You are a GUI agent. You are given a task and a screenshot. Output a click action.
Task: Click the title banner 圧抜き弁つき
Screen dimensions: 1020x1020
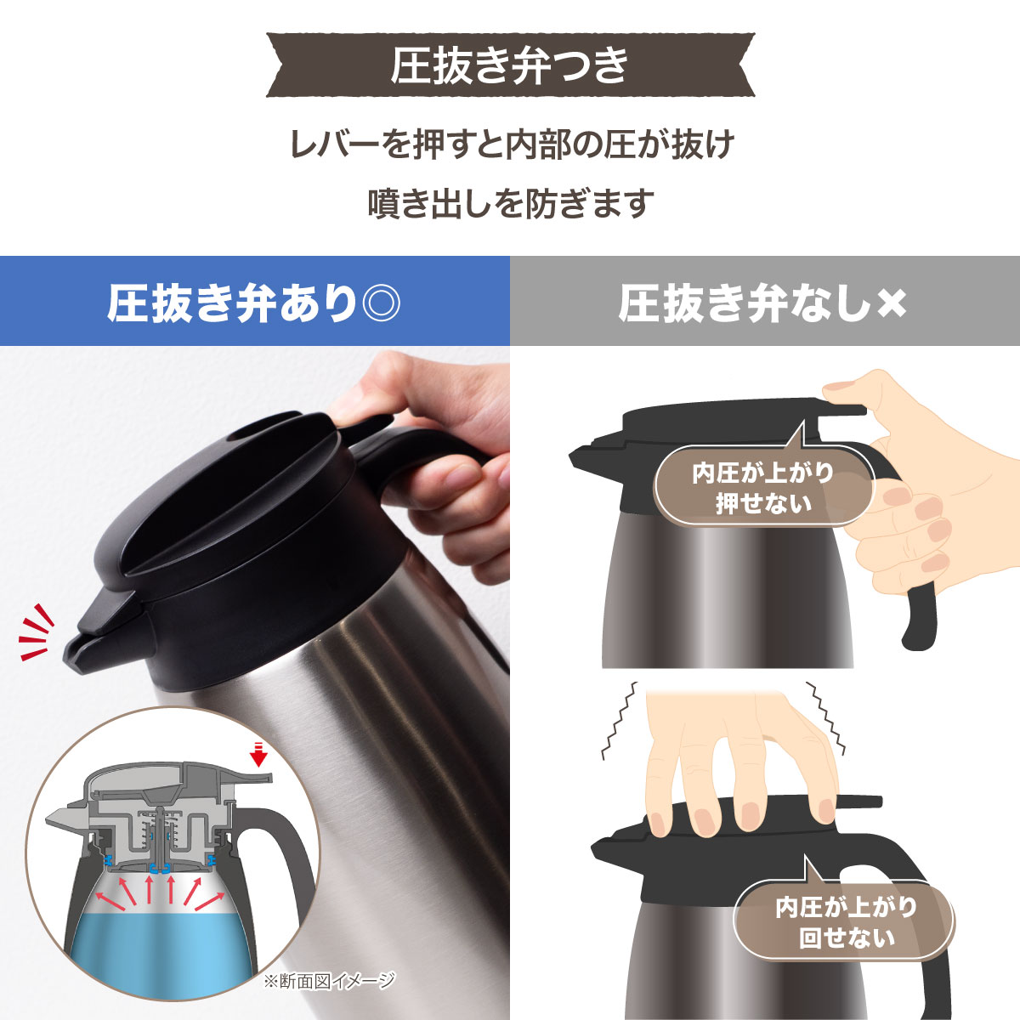[x=510, y=65]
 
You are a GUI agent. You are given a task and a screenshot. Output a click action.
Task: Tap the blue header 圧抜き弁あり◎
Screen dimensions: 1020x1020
[x=254, y=302]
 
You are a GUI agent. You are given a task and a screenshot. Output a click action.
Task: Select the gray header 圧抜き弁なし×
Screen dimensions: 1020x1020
[x=764, y=302]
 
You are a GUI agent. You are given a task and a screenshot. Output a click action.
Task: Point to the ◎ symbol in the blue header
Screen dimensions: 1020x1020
[x=380, y=303]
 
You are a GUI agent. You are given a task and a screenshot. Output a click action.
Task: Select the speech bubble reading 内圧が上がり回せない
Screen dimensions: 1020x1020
[x=846, y=922]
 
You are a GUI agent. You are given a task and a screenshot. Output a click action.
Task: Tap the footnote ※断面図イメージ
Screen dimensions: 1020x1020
[x=328, y=981]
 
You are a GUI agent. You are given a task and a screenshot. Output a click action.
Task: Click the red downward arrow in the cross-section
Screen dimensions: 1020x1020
[x=260, y=753]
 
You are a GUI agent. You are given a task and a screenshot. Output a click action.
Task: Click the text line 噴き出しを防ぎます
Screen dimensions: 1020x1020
[x=510, y=204]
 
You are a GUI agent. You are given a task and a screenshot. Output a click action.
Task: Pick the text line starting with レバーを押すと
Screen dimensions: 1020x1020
[x=510, y=144]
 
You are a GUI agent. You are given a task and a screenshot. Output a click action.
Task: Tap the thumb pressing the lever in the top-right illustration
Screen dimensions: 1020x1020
[x=850, y=392]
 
